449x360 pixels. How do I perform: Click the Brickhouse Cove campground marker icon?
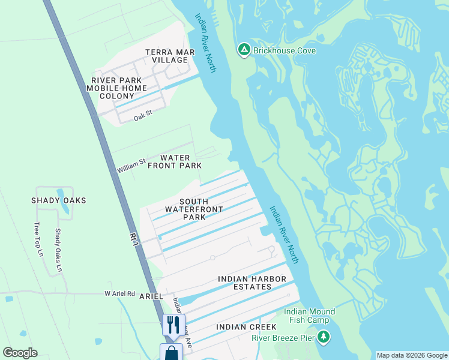(x=244, y=50)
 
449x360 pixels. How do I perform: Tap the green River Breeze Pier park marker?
(x=324, y=337)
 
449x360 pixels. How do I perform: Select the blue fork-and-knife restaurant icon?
(x=173, y=325)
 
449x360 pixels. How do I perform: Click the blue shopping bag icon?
(x=171, y=352)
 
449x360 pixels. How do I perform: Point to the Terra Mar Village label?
(x=170, y=56)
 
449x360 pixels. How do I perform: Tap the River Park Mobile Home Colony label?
(x=117, y=88)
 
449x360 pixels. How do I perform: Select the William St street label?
(x=131, y=166)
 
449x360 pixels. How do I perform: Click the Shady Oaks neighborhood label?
(x=59, y=200)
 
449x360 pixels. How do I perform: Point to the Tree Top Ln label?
(x=39, y=240)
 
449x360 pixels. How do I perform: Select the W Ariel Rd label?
(x=120, y=293)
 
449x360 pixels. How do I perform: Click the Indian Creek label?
(x=246, y=327)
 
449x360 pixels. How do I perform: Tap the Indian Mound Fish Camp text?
(x=309, y=316)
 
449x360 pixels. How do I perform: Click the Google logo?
(x=20, y=353)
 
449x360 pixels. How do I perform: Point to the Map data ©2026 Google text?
(x=411, y=355)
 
